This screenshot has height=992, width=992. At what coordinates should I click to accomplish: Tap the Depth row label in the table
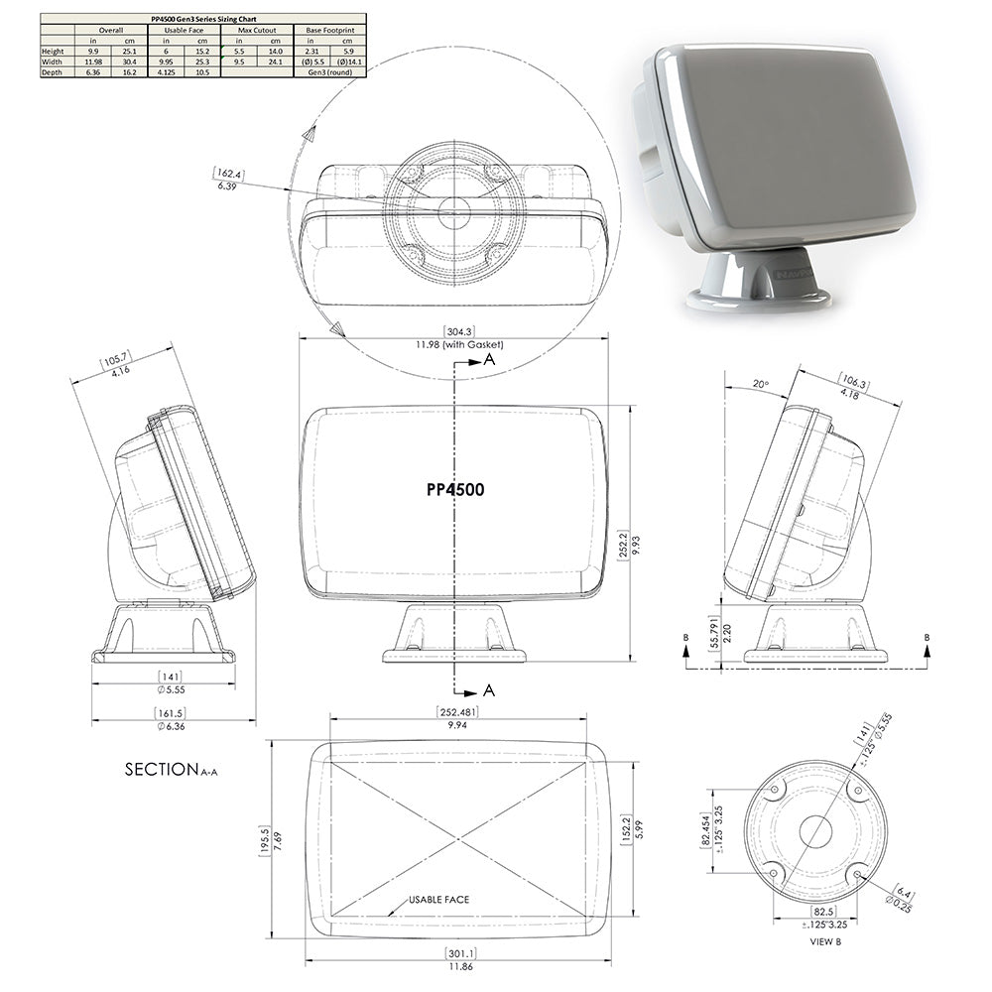point(52,71)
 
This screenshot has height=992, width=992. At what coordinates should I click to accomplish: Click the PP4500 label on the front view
point(455,489)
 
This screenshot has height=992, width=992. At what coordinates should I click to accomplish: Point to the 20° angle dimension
point(761,383)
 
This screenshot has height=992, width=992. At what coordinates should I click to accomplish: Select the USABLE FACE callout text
point(438,900)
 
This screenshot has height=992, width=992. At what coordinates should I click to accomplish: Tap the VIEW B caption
point(825,940)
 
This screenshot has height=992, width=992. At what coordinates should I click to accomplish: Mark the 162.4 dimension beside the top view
point(227,175)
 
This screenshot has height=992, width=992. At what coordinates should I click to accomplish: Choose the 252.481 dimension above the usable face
point(457,711)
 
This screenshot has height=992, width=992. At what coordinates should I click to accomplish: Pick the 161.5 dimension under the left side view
point(164,712)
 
